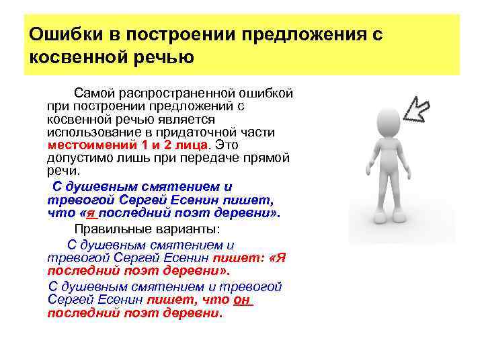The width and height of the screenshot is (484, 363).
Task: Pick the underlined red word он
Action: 241,300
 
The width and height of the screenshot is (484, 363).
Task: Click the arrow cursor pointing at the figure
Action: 424,109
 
